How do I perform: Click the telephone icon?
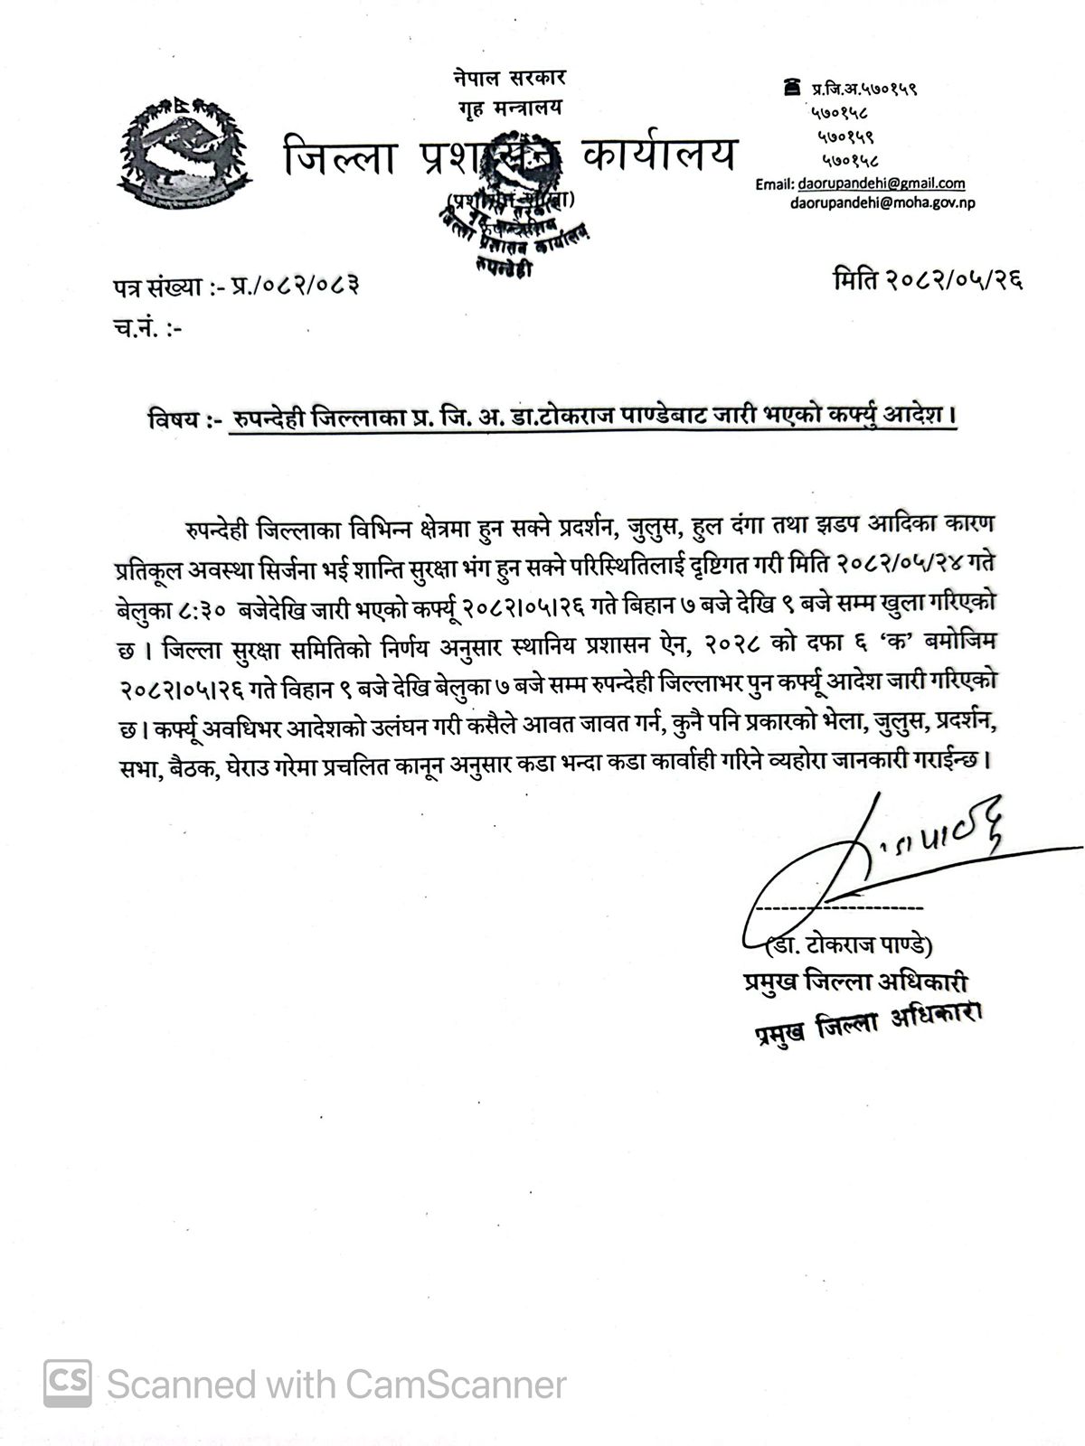pos(792,87)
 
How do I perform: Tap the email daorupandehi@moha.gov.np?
pos(882,202)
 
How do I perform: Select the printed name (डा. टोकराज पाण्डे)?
pos(849,947)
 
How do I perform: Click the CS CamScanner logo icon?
pos(68,1383)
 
